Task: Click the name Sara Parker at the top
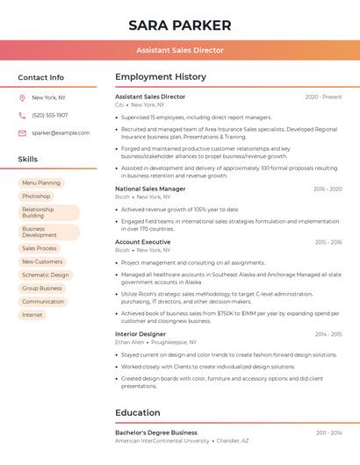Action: click(x=180, y=25)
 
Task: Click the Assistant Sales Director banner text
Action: click(x=180, y=51)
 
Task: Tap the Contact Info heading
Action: click(x=41, y=77)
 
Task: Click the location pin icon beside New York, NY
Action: click(x=22, y=98)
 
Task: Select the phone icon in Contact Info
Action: click(x=22, y=115)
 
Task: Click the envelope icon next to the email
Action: click(x=22, y=133)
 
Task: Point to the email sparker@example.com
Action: click(x=61, y=133)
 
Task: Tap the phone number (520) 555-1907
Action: click(x=50, y=115)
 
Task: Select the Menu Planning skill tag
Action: click(x=41, y=183)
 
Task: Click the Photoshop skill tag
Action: click(x=36, y=197)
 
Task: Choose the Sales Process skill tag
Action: click(x=40, y=248)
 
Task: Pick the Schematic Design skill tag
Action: click(x=45, y=275)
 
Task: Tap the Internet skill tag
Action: click(x=32, y=315)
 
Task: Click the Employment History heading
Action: click(x=161, y=77)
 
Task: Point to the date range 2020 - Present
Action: click(x=323, y=97)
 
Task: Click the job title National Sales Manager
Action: click(x=150, y=189)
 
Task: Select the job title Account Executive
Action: click(x=143, y=242)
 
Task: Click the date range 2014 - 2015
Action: click(x=328, y=334)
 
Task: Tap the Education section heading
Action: click(x=138, y=412)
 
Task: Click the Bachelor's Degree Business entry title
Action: click(x=156, y=433)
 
